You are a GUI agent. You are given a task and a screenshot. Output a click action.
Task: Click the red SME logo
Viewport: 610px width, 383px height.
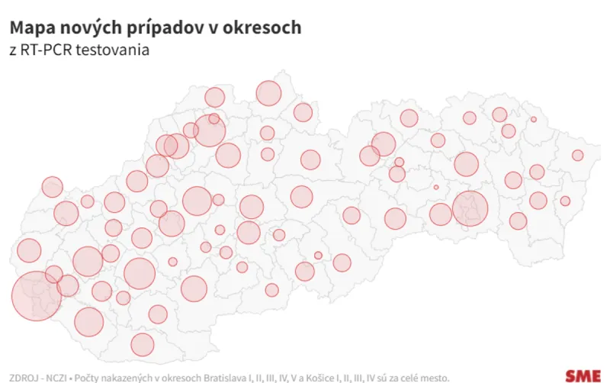[x=583, y=375]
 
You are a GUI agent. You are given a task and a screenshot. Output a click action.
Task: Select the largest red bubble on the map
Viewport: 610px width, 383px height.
[x=36, y=295]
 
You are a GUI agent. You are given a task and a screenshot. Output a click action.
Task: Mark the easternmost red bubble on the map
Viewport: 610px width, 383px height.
[x=578, y=155]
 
